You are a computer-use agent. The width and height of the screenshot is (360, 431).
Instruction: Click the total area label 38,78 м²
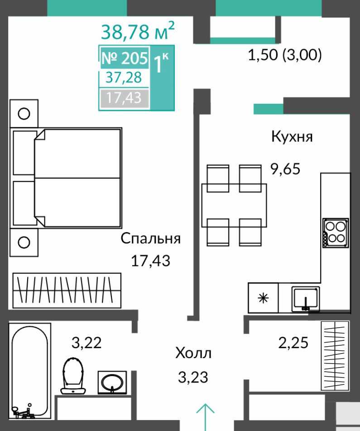pos(138,31)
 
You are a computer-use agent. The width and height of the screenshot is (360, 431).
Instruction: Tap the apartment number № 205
pos(125,58)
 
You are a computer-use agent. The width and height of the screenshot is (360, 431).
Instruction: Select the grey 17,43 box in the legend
pos(125,98)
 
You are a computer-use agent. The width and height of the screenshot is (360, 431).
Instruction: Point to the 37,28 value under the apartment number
pos(124,77)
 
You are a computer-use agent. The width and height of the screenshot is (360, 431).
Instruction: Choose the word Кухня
pos(292,136)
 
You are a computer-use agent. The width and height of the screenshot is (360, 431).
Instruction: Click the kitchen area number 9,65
pos(285,169)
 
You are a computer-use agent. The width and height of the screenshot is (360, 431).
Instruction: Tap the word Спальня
pos(151,238)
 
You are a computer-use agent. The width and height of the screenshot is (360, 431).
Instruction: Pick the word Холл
pos(193,353)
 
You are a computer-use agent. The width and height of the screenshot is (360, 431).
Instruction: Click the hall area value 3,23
pos(193,377)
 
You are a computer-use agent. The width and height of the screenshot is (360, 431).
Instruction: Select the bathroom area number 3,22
pos(86,343)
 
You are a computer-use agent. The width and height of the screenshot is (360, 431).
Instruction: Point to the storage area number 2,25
pos(293,343)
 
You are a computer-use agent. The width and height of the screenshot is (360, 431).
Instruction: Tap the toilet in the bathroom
pos(73,376)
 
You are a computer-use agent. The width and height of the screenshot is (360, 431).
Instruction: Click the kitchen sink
pos(306,299)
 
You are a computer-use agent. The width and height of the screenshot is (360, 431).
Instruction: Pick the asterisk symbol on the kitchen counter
pos(264,298)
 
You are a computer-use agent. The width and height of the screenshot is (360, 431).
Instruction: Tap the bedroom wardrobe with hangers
pos(67,290)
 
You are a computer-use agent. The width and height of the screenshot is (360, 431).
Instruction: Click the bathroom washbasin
pos(112,383)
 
